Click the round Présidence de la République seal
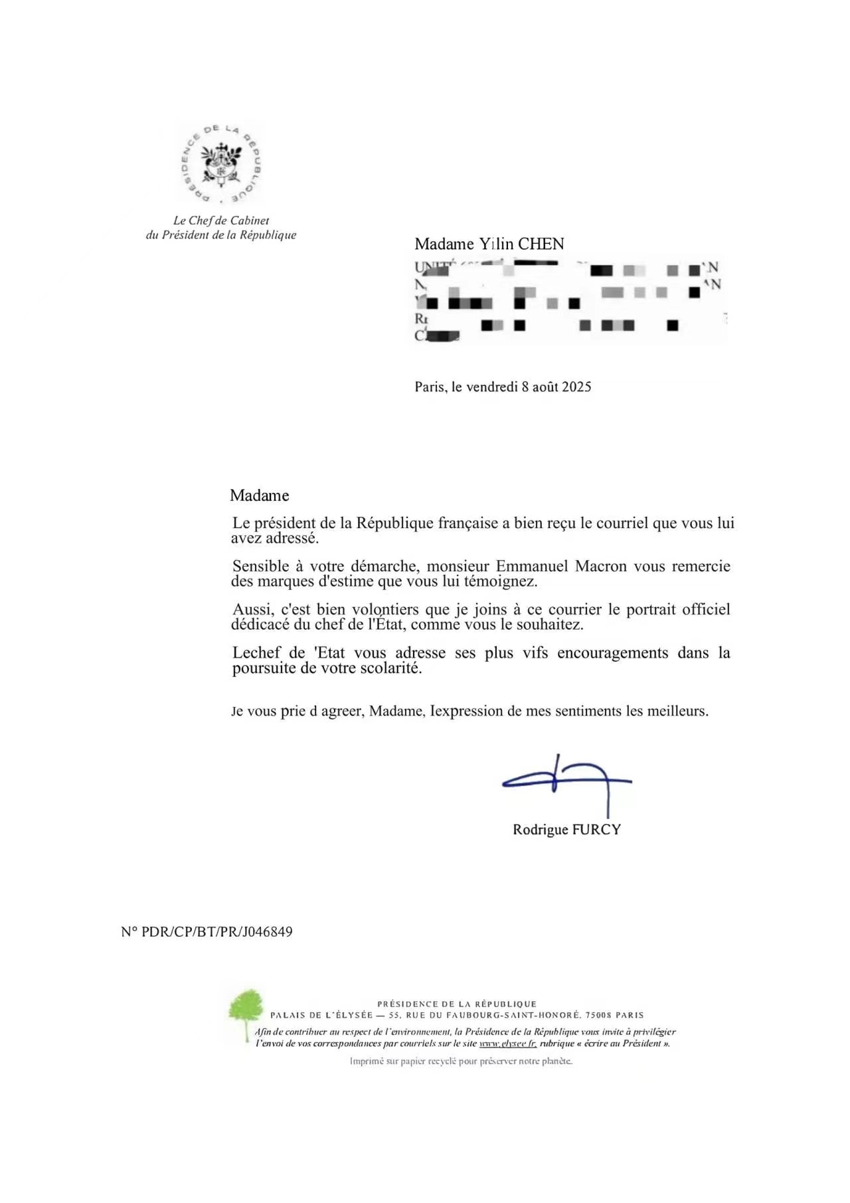[x=220, y=164]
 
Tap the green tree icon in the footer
[x=245, y=1013]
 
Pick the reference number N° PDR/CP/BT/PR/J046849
[x=207, y=931]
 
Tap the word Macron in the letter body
[x=600, y=566]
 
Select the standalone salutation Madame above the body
[x=259, y=496]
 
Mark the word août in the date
[x=545, y=387]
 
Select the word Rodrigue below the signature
[x=541, y=830]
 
